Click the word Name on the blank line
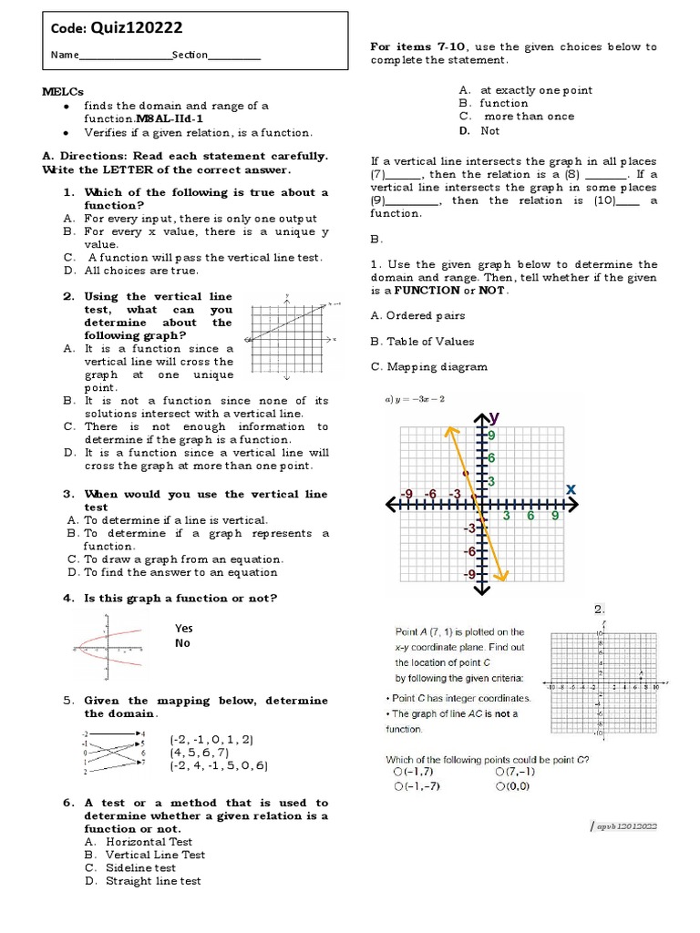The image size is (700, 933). click(65, 56)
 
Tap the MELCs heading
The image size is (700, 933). click(62, 92)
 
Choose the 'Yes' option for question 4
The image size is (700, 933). click(183, 629)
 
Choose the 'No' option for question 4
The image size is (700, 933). click(181, 643)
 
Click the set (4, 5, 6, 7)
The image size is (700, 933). click(199, 753)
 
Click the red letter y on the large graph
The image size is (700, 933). click(495, 417)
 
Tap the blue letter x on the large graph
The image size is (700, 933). click(571, 489)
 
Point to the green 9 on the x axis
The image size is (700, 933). click(553, 516)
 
